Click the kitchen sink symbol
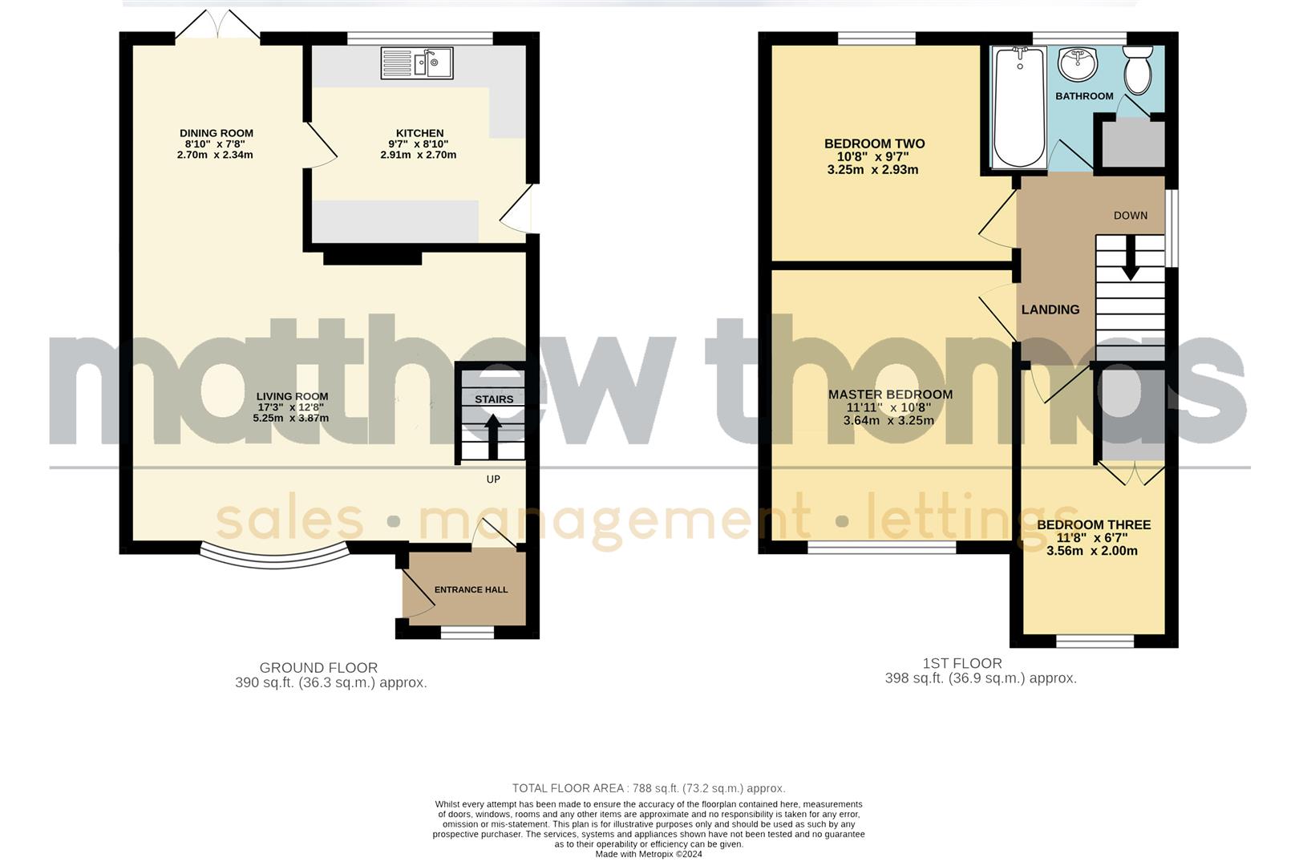417,63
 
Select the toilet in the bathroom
1137,70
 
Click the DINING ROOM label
216,133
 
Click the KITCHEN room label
419,133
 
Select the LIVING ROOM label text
292,396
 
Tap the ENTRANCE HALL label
471,589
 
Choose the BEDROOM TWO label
874,144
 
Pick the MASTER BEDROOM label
890,395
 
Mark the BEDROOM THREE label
1093,525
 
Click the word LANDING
1050,310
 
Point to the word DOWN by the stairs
1130,215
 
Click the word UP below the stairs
493,480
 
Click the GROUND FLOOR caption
318,667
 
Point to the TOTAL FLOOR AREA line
649,788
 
